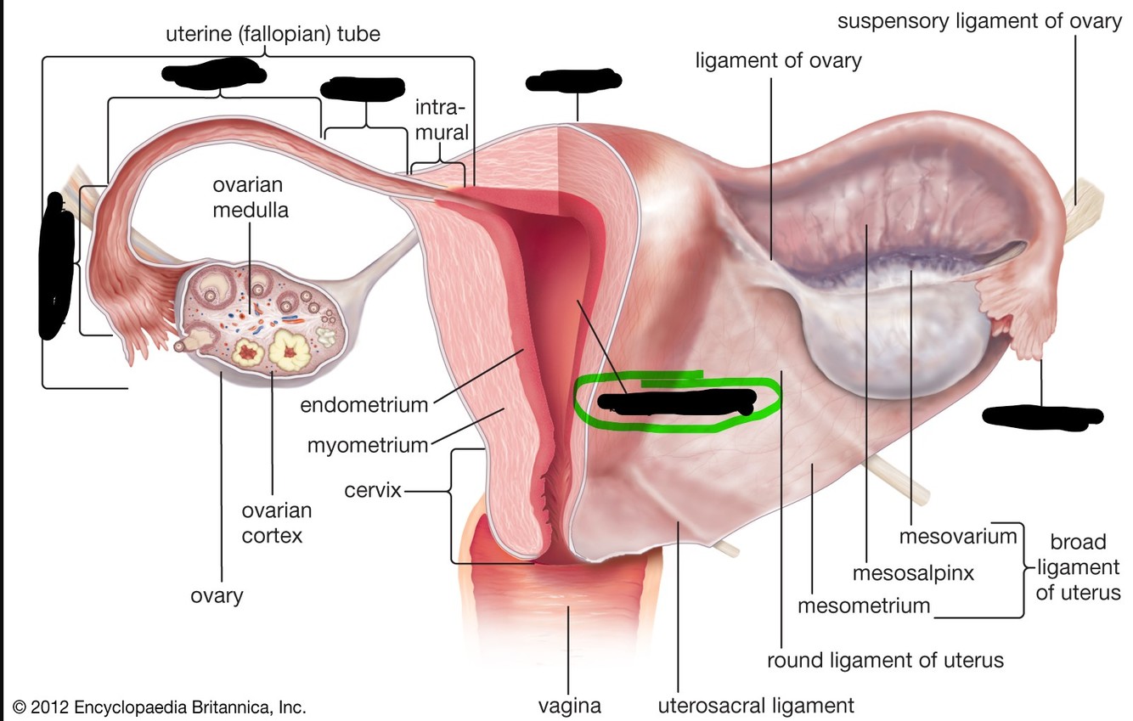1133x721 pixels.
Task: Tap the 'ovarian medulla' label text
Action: (248, 197)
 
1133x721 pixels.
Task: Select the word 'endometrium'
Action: (364, 405)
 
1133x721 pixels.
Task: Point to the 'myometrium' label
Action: (367, 445)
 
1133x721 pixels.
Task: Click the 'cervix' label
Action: (372, 491)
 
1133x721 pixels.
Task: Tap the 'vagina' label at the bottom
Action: (569, 706)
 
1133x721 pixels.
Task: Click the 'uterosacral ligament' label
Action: (756, 705)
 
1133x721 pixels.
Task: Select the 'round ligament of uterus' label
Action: (885, 660)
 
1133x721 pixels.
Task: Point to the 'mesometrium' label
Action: (864, 606)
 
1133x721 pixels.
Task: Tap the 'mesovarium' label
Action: (958, 537)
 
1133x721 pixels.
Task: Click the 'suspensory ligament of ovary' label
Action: (979, 21)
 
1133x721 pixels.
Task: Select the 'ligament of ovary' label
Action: (778, 60)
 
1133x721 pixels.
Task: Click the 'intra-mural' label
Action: (441, 120)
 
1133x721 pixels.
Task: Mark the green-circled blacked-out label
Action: (676, 401)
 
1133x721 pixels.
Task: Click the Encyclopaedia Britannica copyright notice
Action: (159, 707)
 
